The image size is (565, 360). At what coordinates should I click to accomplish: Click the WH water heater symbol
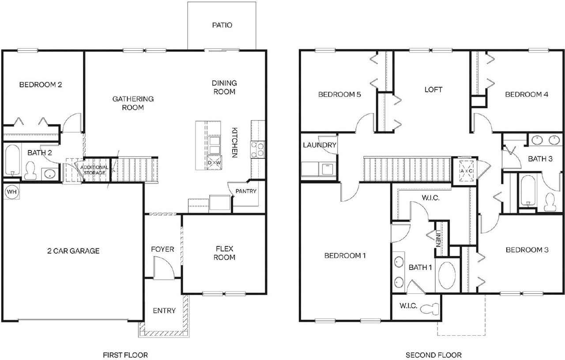coord(11,193)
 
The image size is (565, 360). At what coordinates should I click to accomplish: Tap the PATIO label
coord(222,25)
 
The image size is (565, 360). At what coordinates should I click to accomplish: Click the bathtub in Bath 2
coord(12,161)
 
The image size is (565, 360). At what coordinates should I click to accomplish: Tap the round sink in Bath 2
coord(49,173)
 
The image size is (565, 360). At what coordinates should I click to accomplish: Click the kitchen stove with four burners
coord(257,149)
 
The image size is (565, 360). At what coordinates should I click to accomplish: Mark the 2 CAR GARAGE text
coord(73,251)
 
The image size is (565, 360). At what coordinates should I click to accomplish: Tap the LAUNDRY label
coord(320,145)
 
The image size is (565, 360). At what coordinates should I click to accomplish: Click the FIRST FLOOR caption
coord(125,355)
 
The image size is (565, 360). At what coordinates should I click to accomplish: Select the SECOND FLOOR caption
coord(433,355)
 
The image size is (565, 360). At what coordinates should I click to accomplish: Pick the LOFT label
coord(433,90)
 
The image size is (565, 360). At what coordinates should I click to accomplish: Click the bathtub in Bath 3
coord(528,192)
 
